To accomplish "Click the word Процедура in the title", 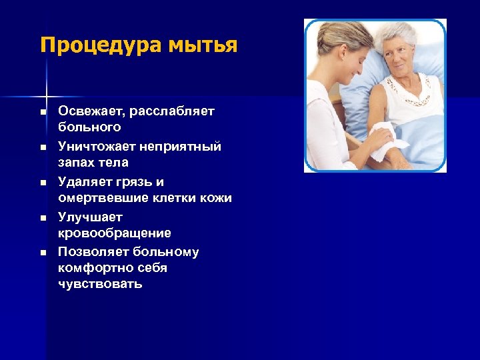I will [91, 45].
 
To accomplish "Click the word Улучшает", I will [90, 217].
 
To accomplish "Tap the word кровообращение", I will [114, 233].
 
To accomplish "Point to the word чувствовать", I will [100, 284].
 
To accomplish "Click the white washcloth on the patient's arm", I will [387, 141].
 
